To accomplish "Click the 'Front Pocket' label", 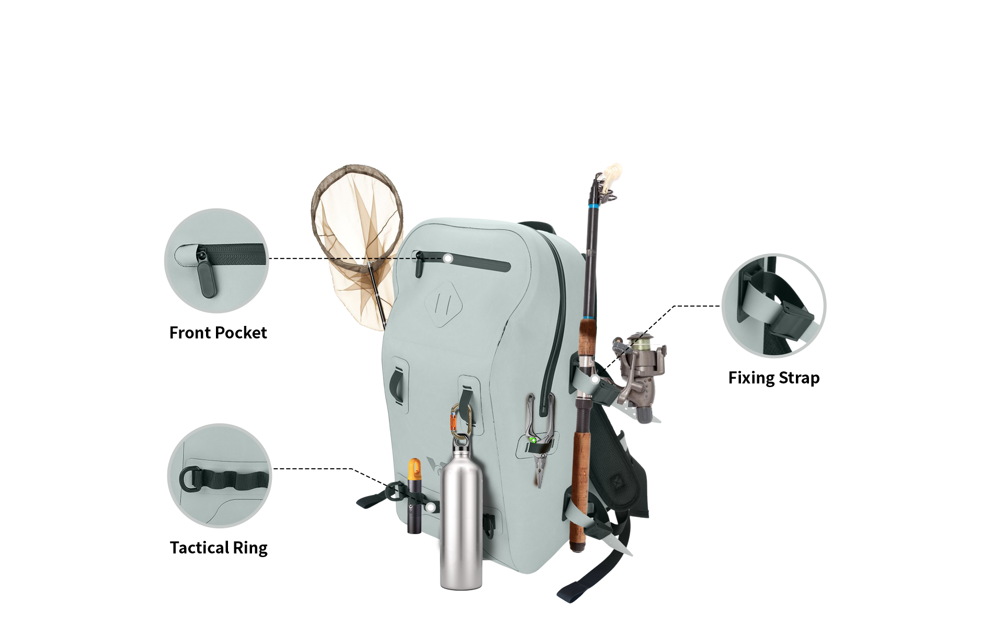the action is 218,333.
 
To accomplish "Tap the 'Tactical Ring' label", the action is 219,548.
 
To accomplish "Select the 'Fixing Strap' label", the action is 774,378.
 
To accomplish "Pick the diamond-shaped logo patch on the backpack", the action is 444,304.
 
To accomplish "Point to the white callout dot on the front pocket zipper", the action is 448,258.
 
